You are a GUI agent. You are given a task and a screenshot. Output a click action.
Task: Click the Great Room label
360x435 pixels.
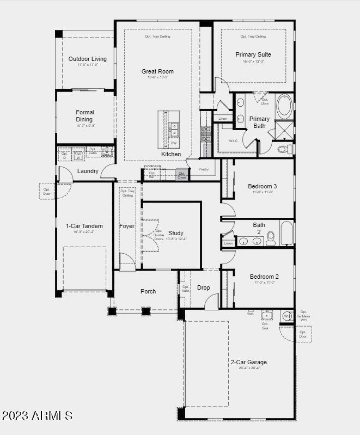click(x=157, y=71)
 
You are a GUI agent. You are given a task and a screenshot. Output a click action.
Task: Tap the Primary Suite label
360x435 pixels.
click(x=253, y=54)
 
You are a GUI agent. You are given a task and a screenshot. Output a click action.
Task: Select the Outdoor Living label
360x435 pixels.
click(x=87, y=59)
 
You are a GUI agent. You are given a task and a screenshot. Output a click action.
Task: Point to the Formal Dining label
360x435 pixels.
click(x=84, y=115)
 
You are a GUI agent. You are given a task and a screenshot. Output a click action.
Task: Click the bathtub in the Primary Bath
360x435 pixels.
click(x=284, y=107)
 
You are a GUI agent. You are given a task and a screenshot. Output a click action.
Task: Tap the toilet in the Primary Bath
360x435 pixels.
click(x=285, y=149)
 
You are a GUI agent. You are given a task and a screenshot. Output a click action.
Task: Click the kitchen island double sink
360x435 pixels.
click(x=174, y=129)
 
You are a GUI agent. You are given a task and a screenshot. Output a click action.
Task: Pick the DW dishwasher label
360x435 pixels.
click(x=174, y=143)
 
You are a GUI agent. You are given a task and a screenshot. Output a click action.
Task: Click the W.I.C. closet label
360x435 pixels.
click(x=234, y=140)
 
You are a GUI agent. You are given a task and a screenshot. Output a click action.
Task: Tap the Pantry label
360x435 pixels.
click(x=204, y=169)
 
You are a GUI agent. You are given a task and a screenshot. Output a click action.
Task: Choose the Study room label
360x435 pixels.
click(x=176, y=233)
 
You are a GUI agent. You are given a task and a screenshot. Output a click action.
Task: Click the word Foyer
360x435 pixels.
click(x=127, y=226)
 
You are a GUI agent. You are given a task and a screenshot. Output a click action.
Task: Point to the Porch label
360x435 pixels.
click(x=148, y=291)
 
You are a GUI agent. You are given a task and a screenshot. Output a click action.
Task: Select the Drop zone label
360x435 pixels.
click(x=203, y=287)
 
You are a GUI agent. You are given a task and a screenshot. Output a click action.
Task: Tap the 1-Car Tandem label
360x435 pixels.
click(x=84, y=226)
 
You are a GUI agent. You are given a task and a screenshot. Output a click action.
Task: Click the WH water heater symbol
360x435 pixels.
click(x=287, y=316)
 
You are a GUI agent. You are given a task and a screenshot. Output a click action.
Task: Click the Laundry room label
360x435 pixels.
click(x=88, y=171)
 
